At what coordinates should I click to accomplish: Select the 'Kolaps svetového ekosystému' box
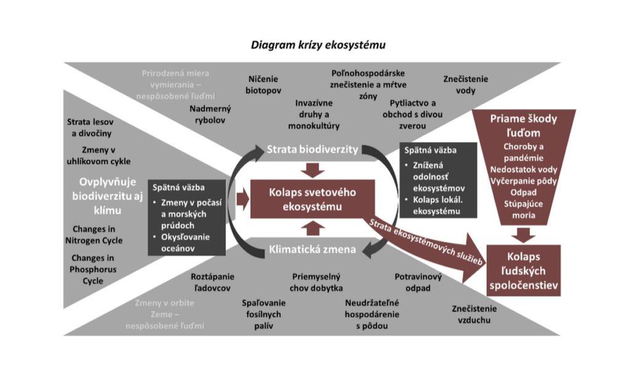312,199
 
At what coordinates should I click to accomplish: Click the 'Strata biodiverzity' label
312,150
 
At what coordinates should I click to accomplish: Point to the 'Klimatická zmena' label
312,250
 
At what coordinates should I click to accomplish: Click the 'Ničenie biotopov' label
264,85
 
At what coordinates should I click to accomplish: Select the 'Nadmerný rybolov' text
210,115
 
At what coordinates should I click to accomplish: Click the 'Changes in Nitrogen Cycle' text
96,234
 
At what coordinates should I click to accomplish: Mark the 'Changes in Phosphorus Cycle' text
94,270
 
